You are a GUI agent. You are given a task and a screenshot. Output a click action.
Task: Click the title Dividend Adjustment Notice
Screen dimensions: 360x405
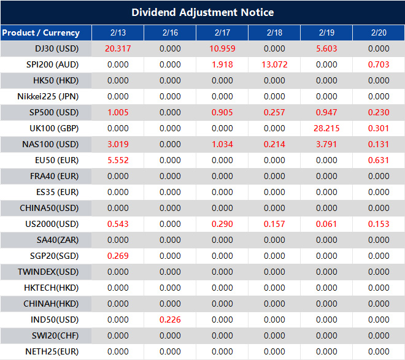[x=202, y=12]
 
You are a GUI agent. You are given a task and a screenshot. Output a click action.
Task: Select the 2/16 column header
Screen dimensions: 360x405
[x=170, y=33]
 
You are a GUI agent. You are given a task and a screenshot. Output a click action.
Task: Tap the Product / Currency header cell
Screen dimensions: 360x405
[x=40, y=33]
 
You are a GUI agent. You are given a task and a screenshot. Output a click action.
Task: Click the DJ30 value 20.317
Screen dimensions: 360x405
[x=117, y=48]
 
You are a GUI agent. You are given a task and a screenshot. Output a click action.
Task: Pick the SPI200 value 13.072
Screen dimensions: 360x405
[x=274, y=64]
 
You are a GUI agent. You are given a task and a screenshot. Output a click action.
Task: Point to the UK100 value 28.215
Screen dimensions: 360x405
[x=326, y=128]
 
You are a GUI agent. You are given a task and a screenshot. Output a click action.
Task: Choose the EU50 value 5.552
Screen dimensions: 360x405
[x=117, y=160]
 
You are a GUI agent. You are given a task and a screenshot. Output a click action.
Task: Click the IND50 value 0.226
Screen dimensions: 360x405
[x=170, y=320]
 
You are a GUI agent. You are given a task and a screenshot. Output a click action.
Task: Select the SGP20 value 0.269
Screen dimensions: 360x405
[x=117, y=256]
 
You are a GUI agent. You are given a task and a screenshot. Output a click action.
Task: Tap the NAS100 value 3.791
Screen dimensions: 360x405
[x=326, y=144]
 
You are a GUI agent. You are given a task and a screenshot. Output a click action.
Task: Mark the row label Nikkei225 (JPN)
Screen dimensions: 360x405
[x=48, y=96]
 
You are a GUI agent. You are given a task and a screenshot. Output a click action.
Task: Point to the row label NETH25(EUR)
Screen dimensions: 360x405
[x=52, y=351]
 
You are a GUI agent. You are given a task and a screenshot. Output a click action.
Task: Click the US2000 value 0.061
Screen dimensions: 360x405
[x=326, y=224]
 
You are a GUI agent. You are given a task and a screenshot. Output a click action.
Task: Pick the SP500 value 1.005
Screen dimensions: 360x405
[x=117, y=112]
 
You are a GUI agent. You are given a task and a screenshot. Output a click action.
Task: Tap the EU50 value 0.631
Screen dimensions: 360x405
[x=379, y=160]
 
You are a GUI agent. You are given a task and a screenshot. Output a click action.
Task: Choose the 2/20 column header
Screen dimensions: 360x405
[x=379, y=33]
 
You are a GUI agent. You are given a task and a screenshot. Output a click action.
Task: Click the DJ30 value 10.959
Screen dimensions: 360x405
[x=222, y=48]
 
